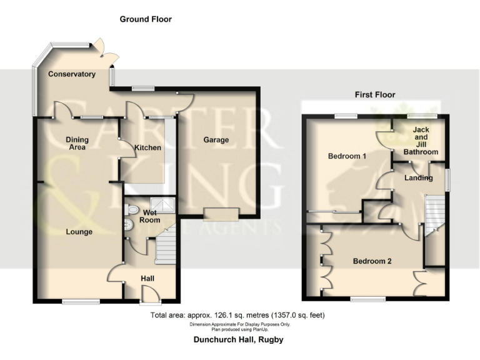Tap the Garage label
tap(216, 140)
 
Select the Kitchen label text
tap(147, 148)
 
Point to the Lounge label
tap(79, 232)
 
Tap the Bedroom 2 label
tap(372, 261)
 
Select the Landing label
tap(418, 178)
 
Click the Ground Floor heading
tap(146, 19)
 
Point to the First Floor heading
tap(375, 95)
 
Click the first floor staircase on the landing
tap(433, 214)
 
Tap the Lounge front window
tap(81, 302)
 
